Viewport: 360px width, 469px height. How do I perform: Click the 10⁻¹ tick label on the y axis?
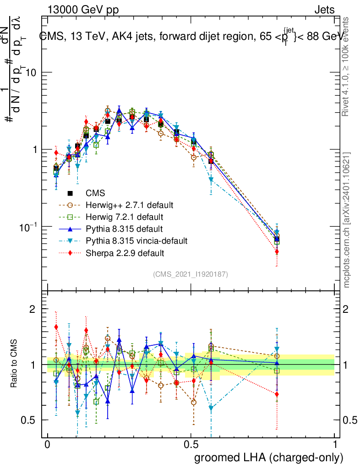coord(29,227)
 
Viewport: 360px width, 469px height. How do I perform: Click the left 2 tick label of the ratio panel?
coord(33,310)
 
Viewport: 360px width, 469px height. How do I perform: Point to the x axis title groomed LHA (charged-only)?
coord(269,458)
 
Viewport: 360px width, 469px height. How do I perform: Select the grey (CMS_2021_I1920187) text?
coord(191,274)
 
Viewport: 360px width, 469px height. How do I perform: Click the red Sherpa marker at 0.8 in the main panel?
coord(277,251)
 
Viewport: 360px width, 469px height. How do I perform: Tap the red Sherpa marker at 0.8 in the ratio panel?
coord(277,394)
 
